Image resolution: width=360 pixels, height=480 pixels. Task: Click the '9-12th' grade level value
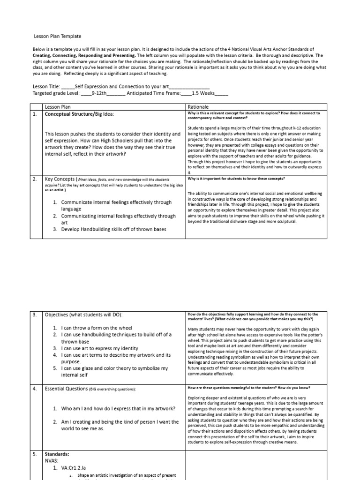[99, 93]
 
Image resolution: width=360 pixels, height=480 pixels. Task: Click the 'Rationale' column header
[198, 107]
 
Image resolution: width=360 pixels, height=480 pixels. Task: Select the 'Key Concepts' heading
[60, 179]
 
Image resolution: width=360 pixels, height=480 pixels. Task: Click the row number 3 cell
[34, 315]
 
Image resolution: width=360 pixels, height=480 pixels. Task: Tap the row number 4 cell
[34, 389]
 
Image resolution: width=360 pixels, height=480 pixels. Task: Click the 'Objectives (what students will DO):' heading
[83, 315]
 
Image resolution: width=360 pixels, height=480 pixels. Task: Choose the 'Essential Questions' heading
[66, 389]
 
